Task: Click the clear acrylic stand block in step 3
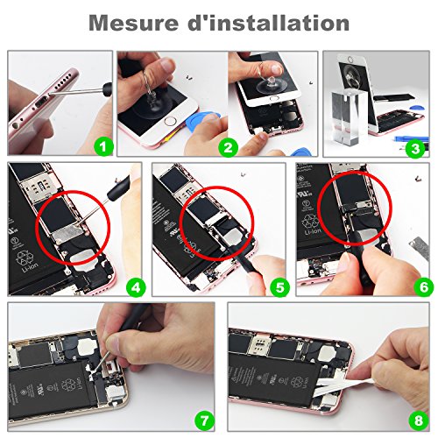356,114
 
